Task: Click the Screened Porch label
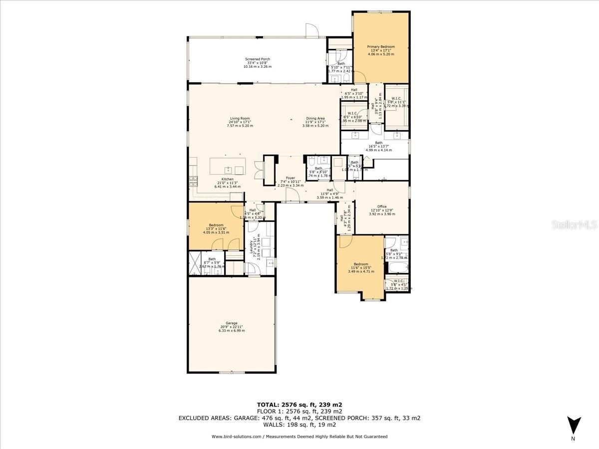[x=257, y=59]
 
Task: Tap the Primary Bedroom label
[x=381, y=47]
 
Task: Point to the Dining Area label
[x=315, y=119]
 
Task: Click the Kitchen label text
[x=228, y=179]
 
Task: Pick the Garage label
[x=231, y=323]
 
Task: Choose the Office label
[x=382, y=207]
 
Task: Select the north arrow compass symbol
[x=574, y=425]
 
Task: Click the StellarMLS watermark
[x=574, y=225]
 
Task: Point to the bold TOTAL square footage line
[x=299, y=405]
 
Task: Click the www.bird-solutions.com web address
[x=236, y=437]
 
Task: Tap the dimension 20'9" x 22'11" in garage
[x=231, y=327]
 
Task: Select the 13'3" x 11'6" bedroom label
[x=216, y=229]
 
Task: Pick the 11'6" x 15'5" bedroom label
[x=360, y=268]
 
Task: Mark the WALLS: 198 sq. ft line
[x=299, y=425]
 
